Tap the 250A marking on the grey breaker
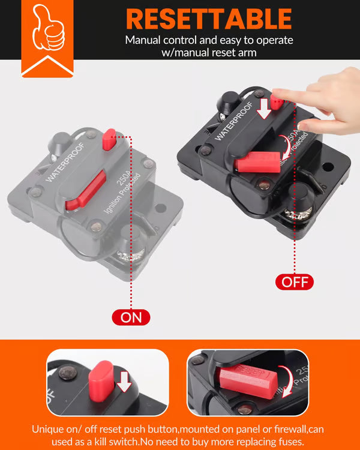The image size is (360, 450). tap(119, 182)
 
